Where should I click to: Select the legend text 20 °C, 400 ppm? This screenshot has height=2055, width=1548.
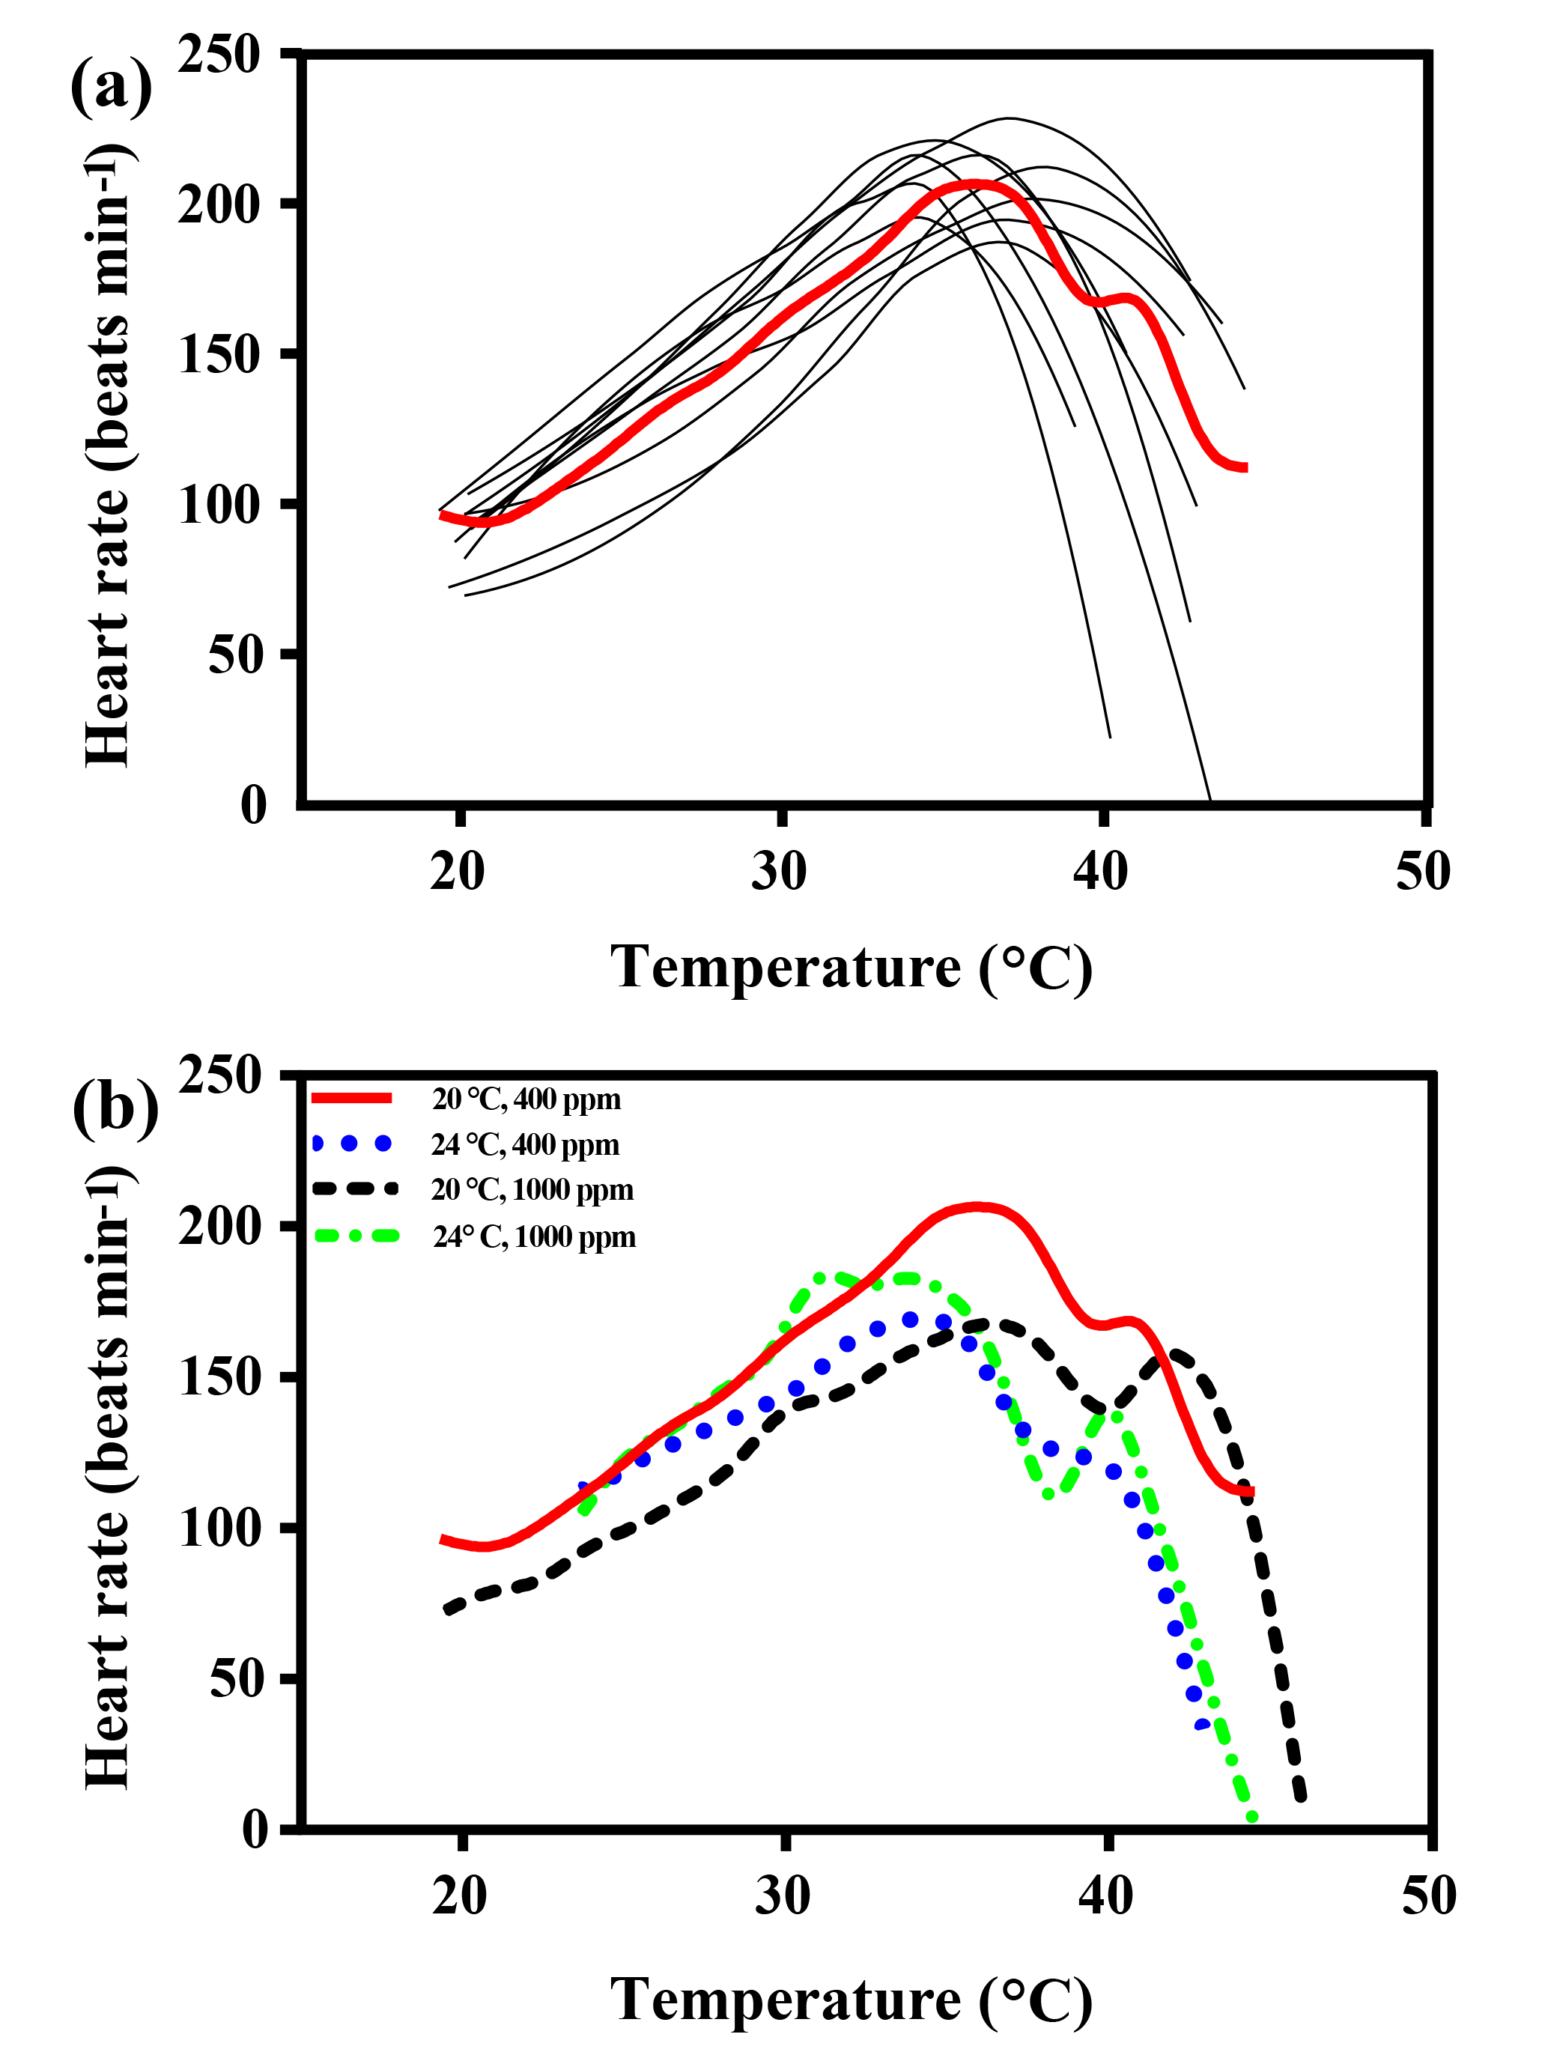click(526, 1099)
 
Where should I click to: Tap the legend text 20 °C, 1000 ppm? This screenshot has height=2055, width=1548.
click(532, 1190)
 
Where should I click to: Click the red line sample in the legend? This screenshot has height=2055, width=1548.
click(351, 1098)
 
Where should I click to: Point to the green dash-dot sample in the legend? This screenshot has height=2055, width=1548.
click(356, 1236)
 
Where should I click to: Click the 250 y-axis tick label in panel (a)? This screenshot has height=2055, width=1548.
click(219, 55)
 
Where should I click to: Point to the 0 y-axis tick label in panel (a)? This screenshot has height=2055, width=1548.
click(252, 804)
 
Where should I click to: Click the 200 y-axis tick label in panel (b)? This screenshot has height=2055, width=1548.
click(220, 1226)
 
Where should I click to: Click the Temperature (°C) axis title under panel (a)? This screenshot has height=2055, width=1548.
click(850, 968)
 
